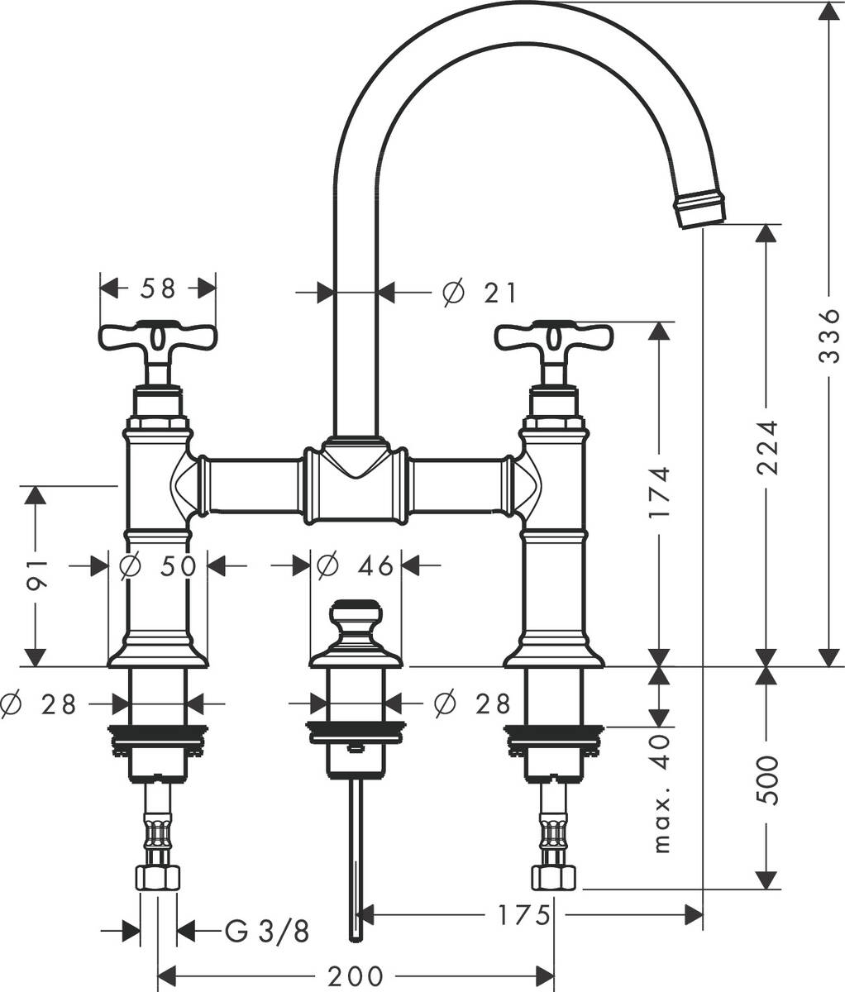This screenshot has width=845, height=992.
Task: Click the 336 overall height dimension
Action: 828,336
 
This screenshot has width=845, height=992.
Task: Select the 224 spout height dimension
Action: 768,447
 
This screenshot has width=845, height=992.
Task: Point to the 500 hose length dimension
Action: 768,780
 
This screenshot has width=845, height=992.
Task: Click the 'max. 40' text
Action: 661,794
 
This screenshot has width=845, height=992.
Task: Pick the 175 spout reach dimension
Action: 523,915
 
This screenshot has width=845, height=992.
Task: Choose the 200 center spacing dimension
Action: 355,976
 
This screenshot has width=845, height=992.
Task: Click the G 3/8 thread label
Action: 267,932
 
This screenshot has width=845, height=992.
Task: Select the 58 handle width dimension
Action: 158,289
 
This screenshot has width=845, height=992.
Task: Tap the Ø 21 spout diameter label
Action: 480,292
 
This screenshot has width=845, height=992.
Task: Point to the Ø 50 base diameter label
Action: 157,566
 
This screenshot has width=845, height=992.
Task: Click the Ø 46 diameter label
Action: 356,566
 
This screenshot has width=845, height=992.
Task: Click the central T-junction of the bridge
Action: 356,484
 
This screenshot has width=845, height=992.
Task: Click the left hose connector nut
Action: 158,879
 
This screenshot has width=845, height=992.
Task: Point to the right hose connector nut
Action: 553,879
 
